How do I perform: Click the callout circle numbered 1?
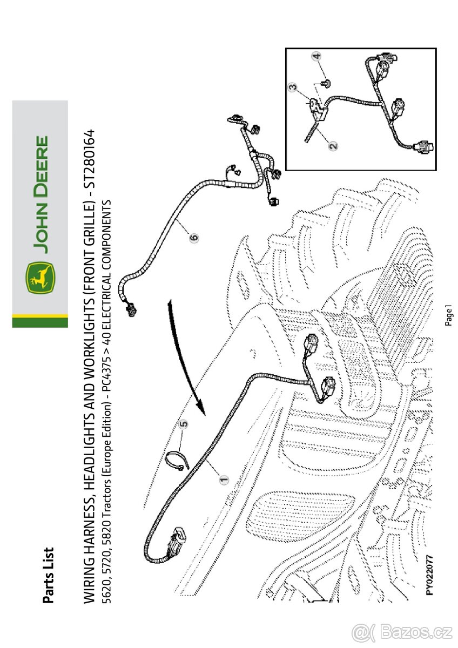pyautogui.click(x=222, y=477)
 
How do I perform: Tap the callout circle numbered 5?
pyautogui.click(x=184, y=425)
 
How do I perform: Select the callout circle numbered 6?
pyautogui.click(x=194, y=237)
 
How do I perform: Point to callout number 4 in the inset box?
pyautogui.click(x=317, y=56)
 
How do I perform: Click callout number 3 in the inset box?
pyautogui.click(x=292, y=86)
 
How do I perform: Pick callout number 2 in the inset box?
pyautogui.click(x=333, y=145)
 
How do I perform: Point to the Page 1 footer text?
pyautogui.click(x=449, y=315)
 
